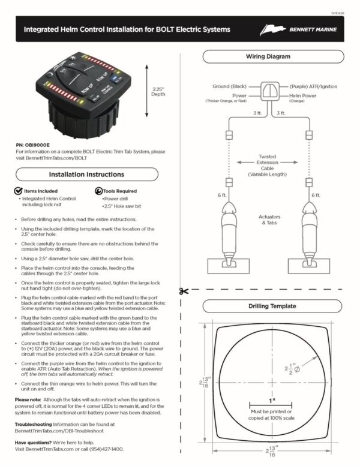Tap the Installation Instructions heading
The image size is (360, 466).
pyautogui.click(x=86, y=174)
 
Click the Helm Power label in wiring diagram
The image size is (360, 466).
pyautogui.click(x=305, y=95)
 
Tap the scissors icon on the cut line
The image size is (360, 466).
pyautogui.click(x=182, y=291)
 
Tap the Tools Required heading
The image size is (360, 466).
pyautogui.click(x=120, y=191)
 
